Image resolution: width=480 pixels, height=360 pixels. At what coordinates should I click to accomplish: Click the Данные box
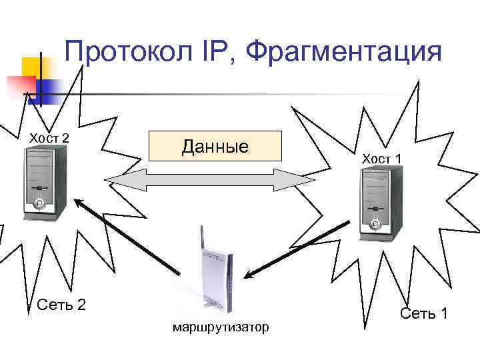(x=215, y=146)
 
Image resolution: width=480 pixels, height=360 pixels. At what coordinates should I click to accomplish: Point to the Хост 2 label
(x=48, y=138)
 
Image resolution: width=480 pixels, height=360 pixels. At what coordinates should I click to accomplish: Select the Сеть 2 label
(x=62, y=305)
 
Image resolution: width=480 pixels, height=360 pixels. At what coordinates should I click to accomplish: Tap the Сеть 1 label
(x=423, y=313)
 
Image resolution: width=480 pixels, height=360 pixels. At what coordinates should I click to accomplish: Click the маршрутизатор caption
(x=221, y=327)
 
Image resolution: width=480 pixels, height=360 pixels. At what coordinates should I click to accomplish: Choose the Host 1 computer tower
(x=381, y=203)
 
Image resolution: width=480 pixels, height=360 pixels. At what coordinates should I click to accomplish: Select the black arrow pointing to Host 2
(x=127, y=236)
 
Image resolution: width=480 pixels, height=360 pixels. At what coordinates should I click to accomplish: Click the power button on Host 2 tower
(x=40, y=203)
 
